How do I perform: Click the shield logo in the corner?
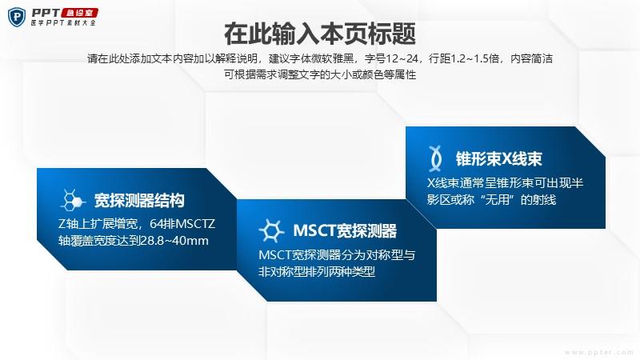pos(17,17)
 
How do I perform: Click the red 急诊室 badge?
pos(79,13)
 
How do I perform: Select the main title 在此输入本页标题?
pos(320,34)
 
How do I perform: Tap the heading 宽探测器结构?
pos(139,201)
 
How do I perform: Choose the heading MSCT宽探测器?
pos(345,231)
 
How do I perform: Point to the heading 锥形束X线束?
pos(498,158)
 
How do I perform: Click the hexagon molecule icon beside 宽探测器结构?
pos(73,200)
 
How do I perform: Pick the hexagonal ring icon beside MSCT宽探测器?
pos(271,230)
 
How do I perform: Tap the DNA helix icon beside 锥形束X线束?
pos(435,158)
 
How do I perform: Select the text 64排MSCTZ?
pos(182,224)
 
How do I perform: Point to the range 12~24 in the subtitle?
pos(402,58)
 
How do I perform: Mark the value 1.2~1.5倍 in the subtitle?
pos(474,58)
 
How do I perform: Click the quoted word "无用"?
pos(497,199)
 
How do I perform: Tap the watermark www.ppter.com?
pos(598,352)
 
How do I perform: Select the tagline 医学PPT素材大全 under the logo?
pos(63,23)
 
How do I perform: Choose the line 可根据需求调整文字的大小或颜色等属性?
pos(320,74)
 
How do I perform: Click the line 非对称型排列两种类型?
pos(317,271)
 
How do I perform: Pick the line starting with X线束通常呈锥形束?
pos(505,183)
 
